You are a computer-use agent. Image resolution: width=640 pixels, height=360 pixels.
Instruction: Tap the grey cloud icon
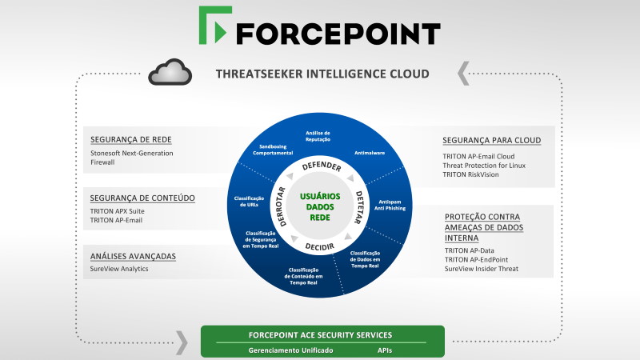[170, 72]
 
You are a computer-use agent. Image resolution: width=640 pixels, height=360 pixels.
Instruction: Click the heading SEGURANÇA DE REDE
[131, 139]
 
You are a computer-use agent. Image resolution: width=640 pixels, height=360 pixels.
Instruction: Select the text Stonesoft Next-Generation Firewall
[132, 158]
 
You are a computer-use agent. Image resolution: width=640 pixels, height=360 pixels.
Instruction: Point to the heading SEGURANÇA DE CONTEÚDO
[142, 198]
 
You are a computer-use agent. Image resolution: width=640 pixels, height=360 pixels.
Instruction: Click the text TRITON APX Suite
[117, 211]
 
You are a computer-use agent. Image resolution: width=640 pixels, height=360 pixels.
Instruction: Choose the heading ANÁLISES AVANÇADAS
[133, 256]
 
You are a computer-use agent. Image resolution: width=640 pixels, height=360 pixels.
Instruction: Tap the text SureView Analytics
[119, 269]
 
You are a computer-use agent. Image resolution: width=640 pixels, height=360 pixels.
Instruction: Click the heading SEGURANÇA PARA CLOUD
[492, 141]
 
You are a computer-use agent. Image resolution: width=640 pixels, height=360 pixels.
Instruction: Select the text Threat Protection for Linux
[484, 166]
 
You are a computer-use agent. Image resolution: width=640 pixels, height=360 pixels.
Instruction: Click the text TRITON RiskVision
[470, 174]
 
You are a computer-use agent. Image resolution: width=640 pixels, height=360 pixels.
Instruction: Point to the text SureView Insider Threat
[482, 269]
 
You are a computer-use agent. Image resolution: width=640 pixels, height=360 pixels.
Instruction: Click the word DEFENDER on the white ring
[322, 166]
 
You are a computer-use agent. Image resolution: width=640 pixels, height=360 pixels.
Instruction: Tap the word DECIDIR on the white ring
[320, 246]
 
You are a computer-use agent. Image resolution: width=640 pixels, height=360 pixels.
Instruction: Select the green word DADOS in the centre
[320, 207]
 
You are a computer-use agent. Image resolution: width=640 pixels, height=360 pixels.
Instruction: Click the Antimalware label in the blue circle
[370, 153]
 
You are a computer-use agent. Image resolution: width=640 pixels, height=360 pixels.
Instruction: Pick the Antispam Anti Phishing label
[390, 205]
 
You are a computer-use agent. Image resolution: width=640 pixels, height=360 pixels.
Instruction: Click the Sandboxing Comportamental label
[273, 150]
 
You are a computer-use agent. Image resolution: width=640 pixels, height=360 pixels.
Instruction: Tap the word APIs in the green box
[385, 350]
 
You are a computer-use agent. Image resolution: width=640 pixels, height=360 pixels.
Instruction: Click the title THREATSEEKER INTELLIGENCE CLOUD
[322, 74]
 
